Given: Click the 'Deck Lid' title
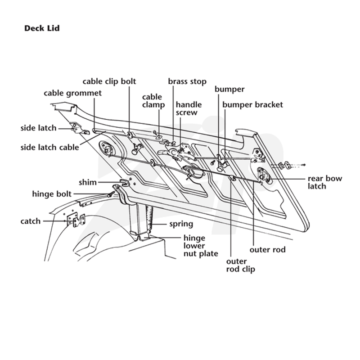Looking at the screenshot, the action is coord(42,28).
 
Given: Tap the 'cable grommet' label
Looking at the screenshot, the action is coord(72,93).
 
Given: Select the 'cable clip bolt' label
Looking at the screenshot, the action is coord(109,81).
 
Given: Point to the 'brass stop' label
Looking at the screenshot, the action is coord(187,81).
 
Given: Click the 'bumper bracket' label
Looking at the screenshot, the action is coord(252,105).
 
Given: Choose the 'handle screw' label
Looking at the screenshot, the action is coord(189,108).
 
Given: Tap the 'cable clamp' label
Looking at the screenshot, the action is coord(153,101).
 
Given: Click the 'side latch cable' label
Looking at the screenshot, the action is coord(49,148).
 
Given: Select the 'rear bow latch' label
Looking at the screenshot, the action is coord(325,182).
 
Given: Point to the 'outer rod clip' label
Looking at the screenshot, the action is coord(241,265).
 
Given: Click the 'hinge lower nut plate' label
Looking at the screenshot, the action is coord(201,246).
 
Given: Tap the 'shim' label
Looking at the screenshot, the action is coord(88,183).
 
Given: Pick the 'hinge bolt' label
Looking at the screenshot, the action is coord(52,194).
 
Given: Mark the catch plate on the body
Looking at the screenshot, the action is coord(76,220).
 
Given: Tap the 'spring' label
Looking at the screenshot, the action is coord(181,224).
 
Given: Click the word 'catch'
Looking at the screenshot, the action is coord(31,221).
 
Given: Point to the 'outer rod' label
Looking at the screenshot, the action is coord(267,250).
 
